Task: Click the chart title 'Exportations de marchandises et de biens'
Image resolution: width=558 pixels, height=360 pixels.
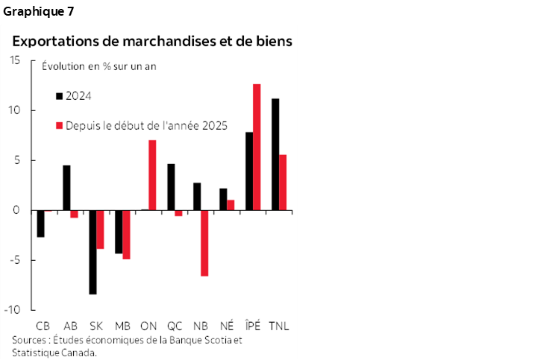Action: (x=151, y=40)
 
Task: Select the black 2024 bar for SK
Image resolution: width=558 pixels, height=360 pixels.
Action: (x=93, y=252)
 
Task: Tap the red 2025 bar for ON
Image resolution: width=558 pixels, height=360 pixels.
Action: (x=152, y=175)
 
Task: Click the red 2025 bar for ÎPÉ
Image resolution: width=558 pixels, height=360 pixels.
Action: (x=257, y=147)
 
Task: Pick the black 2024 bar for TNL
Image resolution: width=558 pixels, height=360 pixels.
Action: (x=275, y=154)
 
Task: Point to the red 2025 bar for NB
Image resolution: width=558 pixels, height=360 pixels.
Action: (x=204, y=243)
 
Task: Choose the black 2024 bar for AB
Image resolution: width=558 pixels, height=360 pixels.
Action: (x=66, y=188)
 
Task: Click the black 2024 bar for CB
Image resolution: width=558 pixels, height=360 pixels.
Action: (x=41, y=224)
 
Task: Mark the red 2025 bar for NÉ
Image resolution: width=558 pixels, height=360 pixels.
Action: (x=231, y=205)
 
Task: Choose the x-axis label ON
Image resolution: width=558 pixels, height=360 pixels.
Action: (x=148, y=326)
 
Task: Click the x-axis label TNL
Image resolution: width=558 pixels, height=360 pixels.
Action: (x=279, y=326)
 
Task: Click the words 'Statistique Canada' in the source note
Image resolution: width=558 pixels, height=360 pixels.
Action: (x=53, y=353)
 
